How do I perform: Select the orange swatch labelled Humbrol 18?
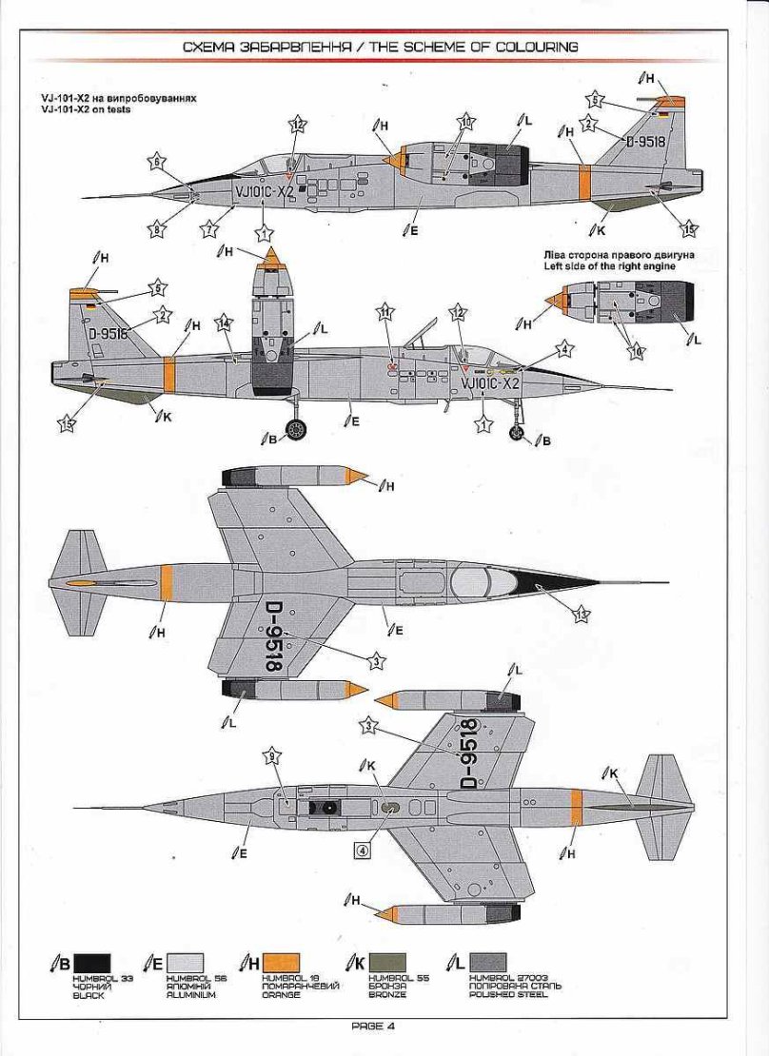(282, 963)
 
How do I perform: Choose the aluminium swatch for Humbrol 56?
(185, 963)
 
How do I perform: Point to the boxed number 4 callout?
(362, 851)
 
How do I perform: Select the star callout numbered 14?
(224, 323)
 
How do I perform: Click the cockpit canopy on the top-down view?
(481, 581)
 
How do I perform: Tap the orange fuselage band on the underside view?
(576, 806)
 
